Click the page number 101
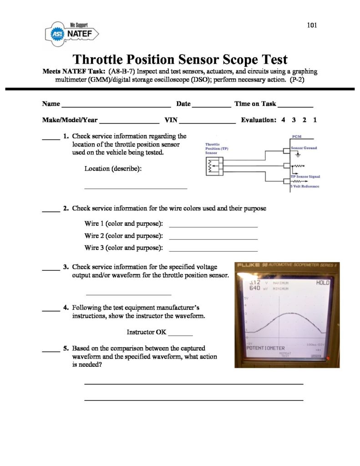click(312, 25)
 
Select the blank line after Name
click(116, 105)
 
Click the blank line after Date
click(212, 105)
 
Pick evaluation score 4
click(283, 120)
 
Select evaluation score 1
click(315, 120)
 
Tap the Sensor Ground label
click(304, 148)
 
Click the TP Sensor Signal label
click(305, 176)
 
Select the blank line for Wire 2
click(213, 238)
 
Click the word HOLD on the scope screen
click(322, 283)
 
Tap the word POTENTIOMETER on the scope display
click(265, 348)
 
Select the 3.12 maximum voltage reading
click(255, 282)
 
